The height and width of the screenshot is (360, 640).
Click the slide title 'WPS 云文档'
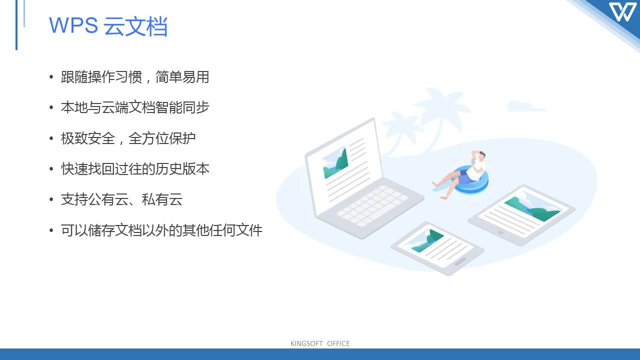tap(108, 26)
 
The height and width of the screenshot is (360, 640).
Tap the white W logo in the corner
tap(622, 12)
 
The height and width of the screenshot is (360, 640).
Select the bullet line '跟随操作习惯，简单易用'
tap(135, 77)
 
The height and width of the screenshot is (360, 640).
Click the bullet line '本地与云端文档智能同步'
tap(135, 107)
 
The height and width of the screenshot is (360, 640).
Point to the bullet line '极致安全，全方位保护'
tap(128, 138)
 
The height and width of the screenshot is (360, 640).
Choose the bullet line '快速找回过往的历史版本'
tap(135, 168)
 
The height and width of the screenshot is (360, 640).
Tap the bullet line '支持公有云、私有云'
tap(121, 199)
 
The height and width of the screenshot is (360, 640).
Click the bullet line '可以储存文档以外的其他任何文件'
tap(161, 230)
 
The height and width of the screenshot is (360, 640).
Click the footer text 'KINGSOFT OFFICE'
tap(320, 343)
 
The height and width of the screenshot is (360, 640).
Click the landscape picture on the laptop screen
tap(335, 163)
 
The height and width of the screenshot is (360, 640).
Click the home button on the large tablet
tap(500, 232)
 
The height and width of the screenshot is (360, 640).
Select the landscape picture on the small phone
tap(427, 240)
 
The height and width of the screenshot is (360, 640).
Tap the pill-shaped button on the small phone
tap(460, 261)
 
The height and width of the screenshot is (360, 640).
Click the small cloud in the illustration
tap(525, 106)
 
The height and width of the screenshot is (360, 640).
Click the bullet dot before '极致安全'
tap(51, 138)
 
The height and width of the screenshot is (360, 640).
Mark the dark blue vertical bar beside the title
tap(16, 25)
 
